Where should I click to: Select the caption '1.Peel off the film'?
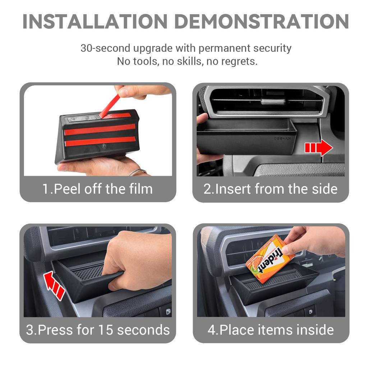pos(98,189)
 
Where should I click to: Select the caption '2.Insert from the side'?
pos(271,189)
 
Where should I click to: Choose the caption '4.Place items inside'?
pos(271,330)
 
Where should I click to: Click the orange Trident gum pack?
pos(270,259)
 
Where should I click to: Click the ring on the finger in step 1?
pos(138,172)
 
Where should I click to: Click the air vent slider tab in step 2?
pos(273,101)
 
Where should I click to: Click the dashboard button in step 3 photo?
pos(166,310)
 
